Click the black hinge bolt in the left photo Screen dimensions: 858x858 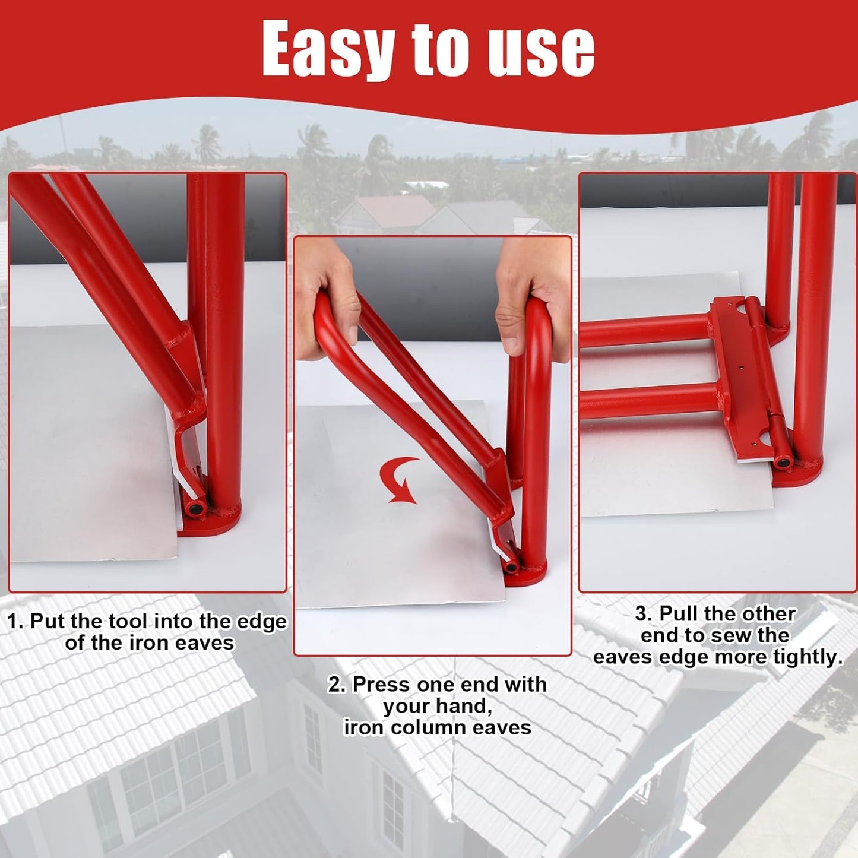point(195,509)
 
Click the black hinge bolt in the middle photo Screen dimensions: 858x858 point(511,567)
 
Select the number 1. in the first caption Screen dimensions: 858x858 point(15,622)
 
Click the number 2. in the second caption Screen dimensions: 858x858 point(337,685)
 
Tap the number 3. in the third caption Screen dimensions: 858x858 point(644,613)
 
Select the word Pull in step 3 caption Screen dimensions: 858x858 point(679,613)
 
